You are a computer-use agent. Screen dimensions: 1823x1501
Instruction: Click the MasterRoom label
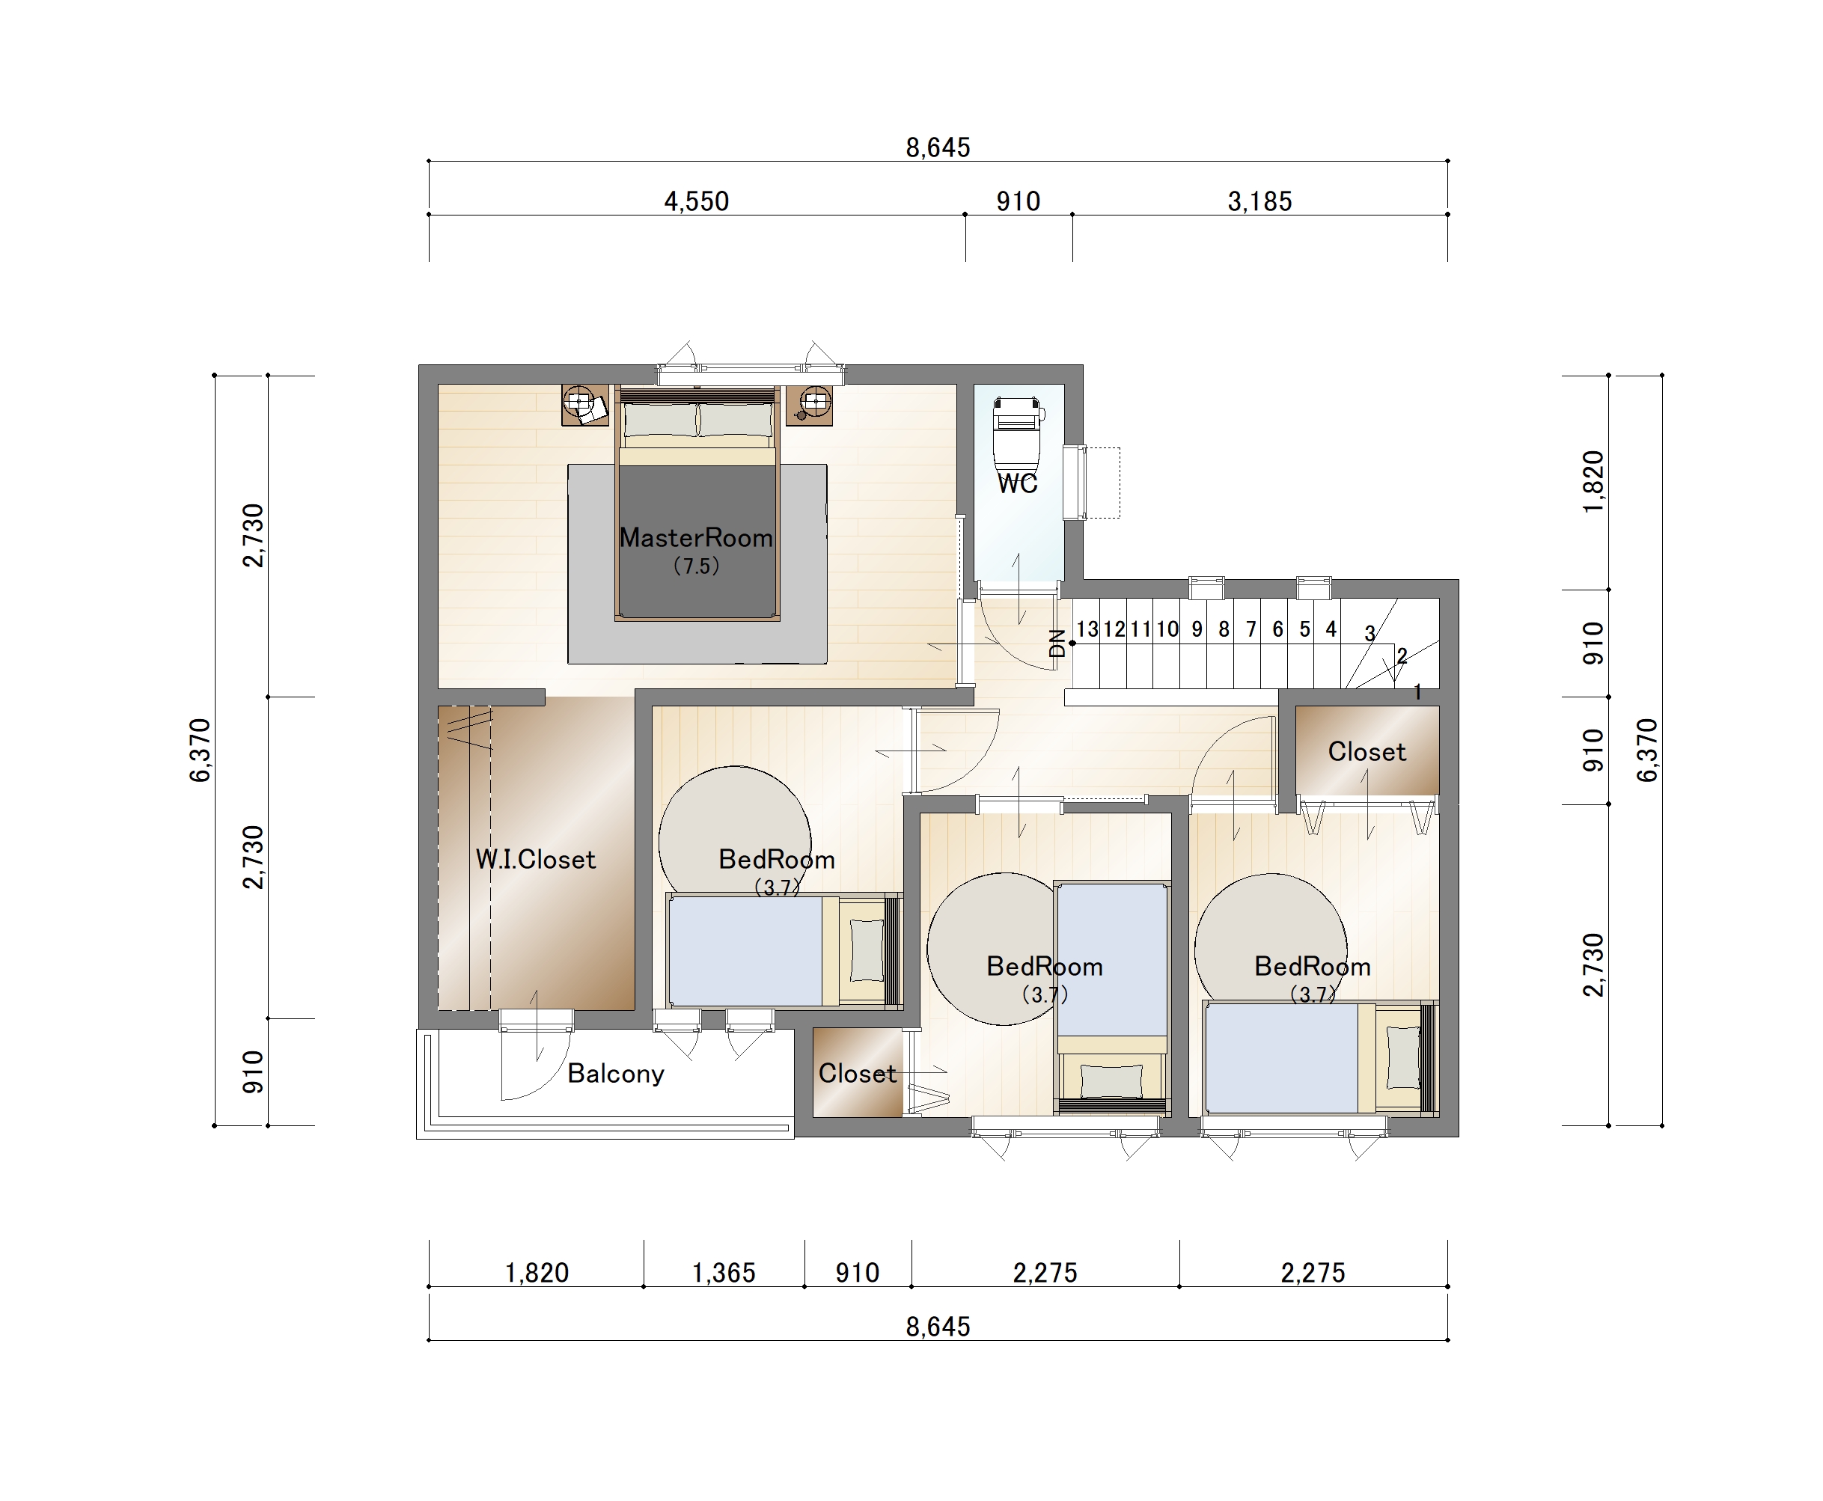tap(696, 538)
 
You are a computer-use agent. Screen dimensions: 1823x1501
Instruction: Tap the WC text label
tap(1017, 483)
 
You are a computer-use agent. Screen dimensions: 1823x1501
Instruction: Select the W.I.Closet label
tap(535, 860)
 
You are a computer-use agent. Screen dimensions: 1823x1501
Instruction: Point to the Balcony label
tap(616, 1073)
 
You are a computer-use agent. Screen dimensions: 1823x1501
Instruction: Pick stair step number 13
tap(1087, 629)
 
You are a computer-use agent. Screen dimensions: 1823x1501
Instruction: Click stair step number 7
tap(1251, 629)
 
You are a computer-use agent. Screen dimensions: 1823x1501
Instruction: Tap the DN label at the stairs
tap(1057, 643)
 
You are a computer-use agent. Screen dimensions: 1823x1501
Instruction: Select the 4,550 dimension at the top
tap(696, 201)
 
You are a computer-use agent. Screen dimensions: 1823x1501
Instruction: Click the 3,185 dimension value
tap(1260, 201)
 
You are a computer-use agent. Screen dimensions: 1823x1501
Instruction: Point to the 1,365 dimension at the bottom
tap(724, 1273)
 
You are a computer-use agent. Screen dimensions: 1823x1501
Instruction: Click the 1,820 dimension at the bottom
tap(537, 1273)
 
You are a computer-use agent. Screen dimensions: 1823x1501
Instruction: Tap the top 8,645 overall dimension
tap(938, 148)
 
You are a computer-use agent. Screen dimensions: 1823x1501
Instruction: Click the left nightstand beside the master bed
tap(585, 405)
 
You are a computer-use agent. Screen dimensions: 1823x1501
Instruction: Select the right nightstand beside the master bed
tap(810, 405)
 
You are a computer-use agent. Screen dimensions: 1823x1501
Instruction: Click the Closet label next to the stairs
tap(1367, 751)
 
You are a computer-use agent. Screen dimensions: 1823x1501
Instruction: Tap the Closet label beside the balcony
tap(857, 1073)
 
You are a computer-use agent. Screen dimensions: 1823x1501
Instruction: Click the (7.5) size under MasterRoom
tap(696, 566)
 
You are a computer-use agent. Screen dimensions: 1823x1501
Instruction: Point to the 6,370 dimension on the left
tap(200, 750)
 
